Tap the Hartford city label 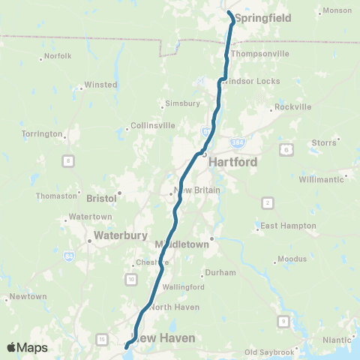pos(232,161)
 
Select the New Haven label pos(165,338)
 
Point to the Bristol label pos(102,199)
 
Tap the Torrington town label pos(42,133)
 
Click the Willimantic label pos(320,180)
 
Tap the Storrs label pos(324,142)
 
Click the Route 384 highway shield pos(238,141)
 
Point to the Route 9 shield pos(283,321)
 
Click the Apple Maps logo pos(27,347)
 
